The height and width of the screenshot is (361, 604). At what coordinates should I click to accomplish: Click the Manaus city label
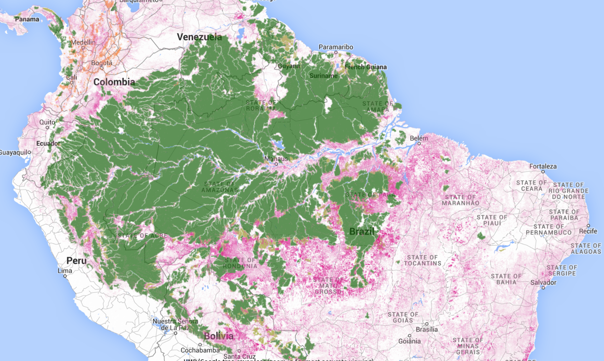[x=276, y=159]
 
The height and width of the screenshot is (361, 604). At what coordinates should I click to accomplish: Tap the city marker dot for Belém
[x=419, y=143]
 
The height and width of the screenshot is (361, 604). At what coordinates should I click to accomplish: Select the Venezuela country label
[x=199, y=37]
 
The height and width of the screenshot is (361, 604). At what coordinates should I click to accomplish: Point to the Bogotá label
[x=102, y=63]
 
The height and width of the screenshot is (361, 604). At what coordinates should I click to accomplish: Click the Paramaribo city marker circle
[x=336, y=52]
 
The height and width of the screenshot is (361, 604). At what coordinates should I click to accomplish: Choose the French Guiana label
[x=365, y=67]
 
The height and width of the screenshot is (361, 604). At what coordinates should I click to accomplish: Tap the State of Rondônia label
[x=240, y=263]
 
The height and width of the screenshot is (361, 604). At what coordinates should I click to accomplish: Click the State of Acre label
[x=142, y=236]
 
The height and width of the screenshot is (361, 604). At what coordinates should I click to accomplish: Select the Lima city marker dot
[x=65, y=276]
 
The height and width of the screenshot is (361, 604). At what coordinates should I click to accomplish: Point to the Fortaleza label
[x=543, y=166]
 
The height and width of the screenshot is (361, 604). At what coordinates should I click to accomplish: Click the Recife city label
[x=588, y=231]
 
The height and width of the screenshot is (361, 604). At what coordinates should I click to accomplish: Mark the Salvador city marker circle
[x=543, y=288]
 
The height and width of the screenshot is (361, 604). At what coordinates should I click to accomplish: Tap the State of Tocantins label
[x=422, y=260]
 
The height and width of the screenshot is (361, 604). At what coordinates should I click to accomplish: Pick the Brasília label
[x=427, y=329]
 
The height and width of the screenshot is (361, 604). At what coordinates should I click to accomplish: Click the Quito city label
[x=47, y=122]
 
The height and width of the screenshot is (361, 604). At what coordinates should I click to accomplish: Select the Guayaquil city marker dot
[x=29, y=152]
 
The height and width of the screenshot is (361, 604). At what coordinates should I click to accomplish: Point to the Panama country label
[x=27, y=19]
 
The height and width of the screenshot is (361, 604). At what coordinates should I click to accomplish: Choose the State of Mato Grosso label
[x=328, y=285]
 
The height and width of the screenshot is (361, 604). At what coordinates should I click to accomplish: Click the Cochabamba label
[x=200, y=350]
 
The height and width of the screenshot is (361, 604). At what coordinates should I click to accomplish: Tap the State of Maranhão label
[x=460, y=200]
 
